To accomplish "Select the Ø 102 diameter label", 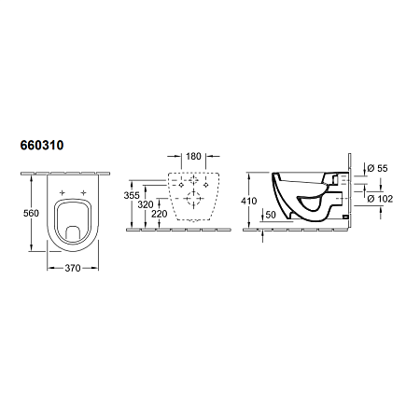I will [x=380, y=197].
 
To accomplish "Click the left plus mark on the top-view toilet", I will [x=61, y=193].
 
